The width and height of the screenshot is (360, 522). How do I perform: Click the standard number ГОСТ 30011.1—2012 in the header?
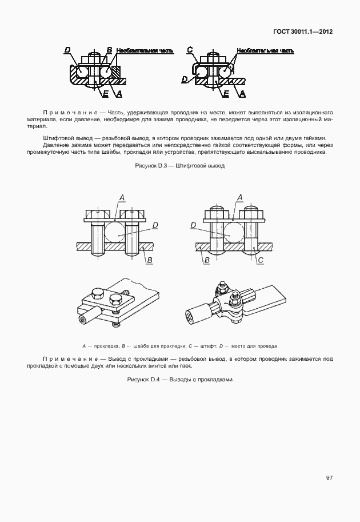(302, 32)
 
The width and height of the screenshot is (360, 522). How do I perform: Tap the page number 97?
(329, 477)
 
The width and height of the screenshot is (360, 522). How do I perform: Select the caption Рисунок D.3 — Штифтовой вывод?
(179, 165)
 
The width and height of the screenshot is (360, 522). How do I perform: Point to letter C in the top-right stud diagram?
(190, 50)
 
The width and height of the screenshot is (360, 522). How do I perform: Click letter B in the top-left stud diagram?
(109, 50)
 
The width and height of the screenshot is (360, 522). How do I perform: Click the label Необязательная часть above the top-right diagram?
(266, 51)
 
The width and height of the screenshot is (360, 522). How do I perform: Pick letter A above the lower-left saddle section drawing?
(122, 197)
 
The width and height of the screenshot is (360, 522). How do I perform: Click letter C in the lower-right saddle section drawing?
(260, 260)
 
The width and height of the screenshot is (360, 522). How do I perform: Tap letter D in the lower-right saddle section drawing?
(193, 226)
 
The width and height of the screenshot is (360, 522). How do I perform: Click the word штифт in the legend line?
(205, 346)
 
